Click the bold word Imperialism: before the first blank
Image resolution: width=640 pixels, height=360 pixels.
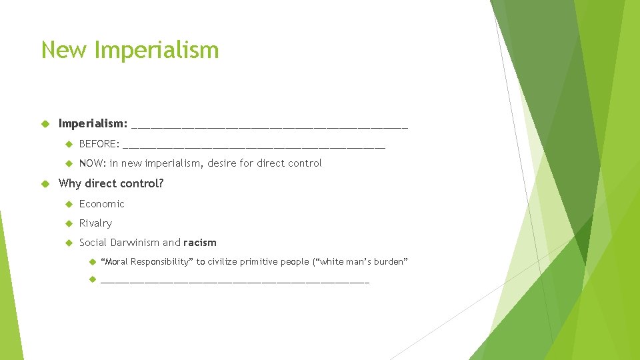coord(93,123)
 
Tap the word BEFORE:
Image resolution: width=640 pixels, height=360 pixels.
coord(99,144)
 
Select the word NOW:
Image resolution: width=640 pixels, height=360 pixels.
coord(93,163)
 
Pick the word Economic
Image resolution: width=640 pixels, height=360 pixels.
coord(101,204)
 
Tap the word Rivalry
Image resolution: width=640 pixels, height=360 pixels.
coord(95,223)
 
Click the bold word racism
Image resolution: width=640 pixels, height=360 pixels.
coord(200,243)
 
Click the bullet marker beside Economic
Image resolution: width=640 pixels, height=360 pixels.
coord(68,204)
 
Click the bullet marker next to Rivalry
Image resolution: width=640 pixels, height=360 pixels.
coord(68,223)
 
